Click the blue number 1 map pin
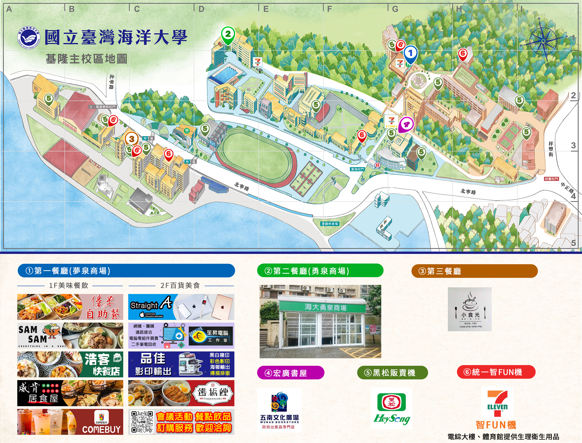click(410, 54)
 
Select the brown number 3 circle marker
click(132, 139)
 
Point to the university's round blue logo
click(28, 38)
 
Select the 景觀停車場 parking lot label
click(329, 224)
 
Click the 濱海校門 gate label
click(357, 169)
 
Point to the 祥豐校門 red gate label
click(551, 179)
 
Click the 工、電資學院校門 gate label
click(102, 107)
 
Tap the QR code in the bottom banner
click(142, 422)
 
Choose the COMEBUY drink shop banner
click(70, 422)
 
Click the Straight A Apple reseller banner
click(181, 307)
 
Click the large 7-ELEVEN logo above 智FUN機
click(497, 401)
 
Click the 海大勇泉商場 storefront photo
click(320, 321)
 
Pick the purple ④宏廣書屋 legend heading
click(291, 373)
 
